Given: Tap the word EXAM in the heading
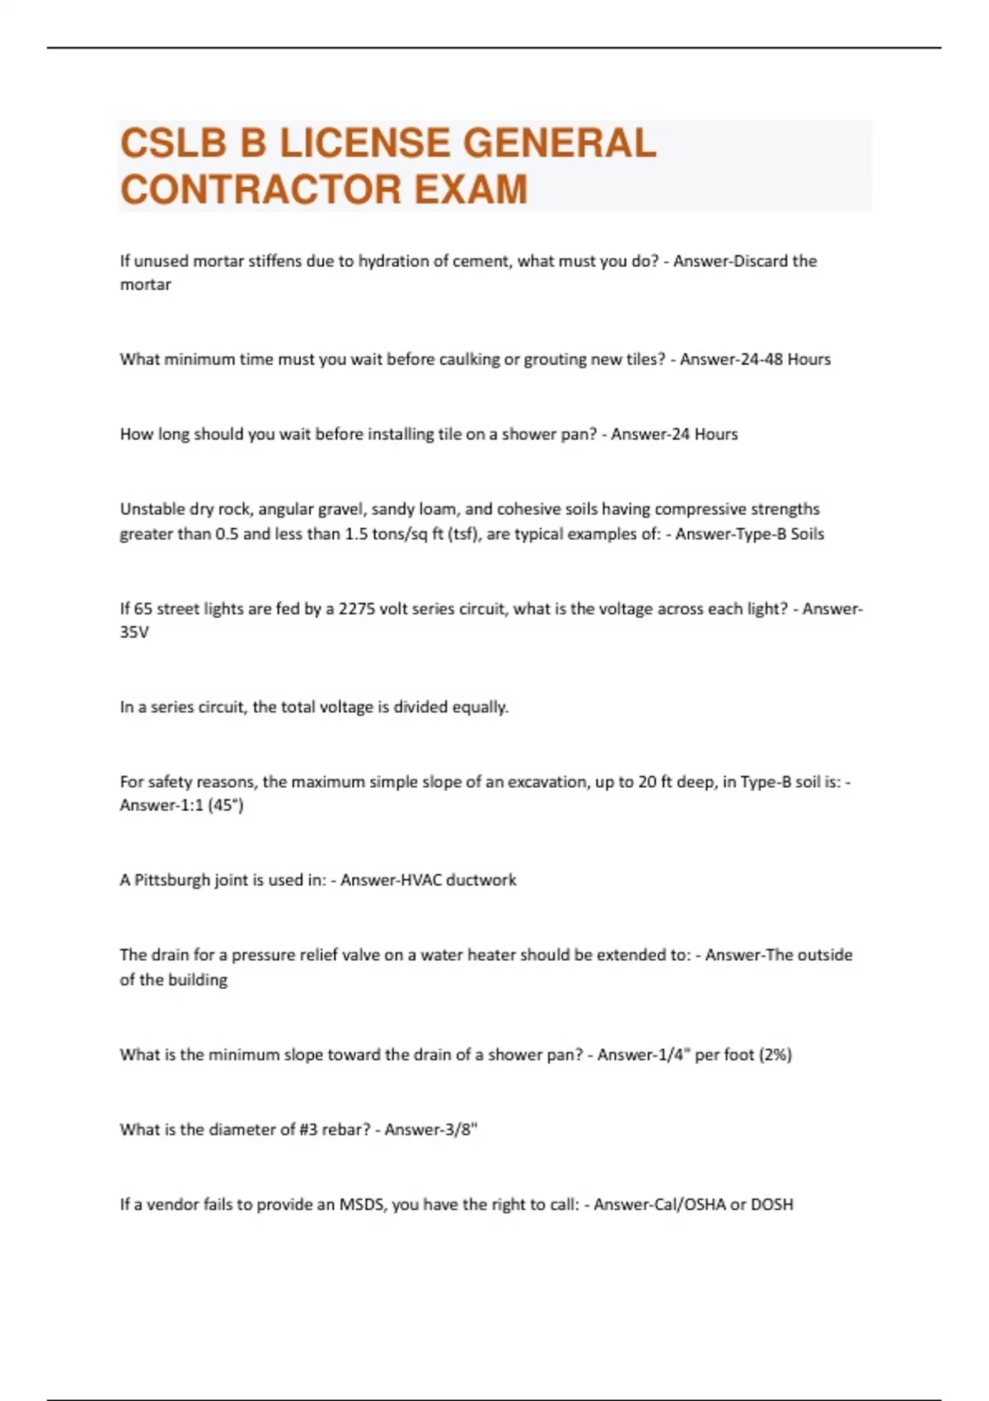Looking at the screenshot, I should click(x=471, y=190).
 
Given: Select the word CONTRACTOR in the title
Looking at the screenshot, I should click(x=260, y=190).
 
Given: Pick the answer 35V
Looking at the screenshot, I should click(x=134, y=633).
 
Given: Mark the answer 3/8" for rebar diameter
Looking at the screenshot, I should click(x=460, y=1130).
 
